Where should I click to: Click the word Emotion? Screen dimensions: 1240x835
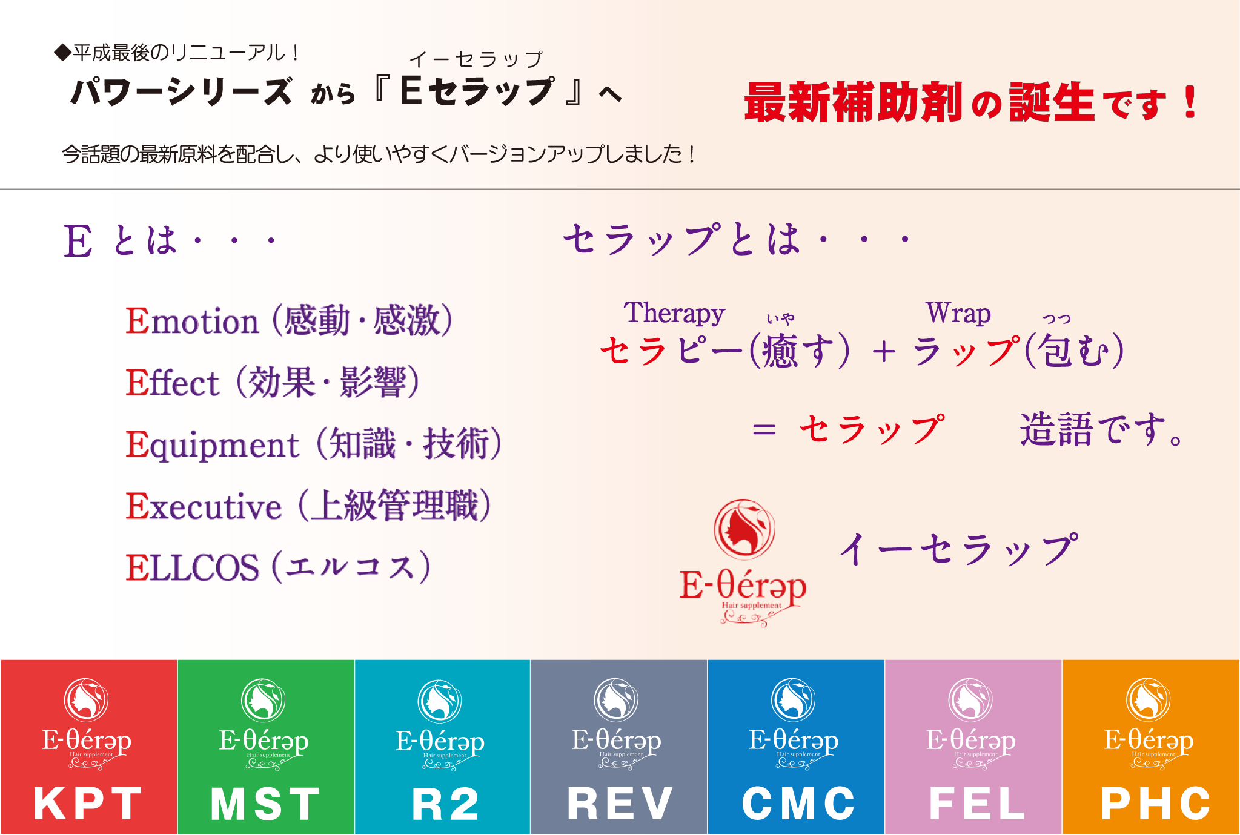192,321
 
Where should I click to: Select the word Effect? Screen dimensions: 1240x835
172,383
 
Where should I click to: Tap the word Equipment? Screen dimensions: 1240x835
212,446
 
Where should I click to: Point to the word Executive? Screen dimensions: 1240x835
204,506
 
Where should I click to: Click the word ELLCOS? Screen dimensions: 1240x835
192,568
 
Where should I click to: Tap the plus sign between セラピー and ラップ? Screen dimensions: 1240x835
884,352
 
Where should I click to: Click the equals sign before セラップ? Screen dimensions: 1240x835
764,430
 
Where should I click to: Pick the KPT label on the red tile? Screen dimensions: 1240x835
88,804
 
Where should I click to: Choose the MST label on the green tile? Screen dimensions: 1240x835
265,804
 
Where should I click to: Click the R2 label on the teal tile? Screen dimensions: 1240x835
445,804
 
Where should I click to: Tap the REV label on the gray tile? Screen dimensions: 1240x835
620,804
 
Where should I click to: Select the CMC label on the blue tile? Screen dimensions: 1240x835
798,804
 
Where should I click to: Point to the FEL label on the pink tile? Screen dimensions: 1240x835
976,804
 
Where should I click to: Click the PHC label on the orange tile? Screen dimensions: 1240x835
1155,804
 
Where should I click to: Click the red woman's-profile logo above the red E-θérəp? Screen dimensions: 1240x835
744,529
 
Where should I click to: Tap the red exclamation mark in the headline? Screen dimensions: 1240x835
1190,102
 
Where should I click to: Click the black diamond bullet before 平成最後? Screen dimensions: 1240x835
62,53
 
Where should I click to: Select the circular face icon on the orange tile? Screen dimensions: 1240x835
1148,699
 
